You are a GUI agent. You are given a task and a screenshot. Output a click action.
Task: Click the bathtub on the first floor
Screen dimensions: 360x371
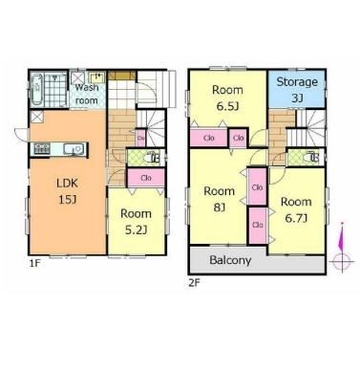click(x=37, y=90)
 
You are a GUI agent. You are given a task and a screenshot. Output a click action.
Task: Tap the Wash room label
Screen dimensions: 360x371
click(x=86, y=94)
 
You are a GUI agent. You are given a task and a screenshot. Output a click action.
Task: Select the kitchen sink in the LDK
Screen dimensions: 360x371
click(x=74, y=149)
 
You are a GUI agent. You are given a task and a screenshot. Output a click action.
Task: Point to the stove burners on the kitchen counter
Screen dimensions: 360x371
click(x=42, y=149)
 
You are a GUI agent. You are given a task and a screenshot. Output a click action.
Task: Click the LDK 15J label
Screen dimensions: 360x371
click(x=67, y=191)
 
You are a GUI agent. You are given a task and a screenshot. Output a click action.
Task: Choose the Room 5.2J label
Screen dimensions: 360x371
click(x=136, y=222)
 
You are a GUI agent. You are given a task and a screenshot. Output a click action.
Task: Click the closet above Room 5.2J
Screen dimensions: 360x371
click(x=146, y=178)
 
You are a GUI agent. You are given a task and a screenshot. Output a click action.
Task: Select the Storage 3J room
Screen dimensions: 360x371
click(x=297, y=89)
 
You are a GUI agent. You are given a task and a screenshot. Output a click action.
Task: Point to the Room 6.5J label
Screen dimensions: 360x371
click(x=227, y=98)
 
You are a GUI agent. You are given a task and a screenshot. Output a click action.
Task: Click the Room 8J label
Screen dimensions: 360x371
click(x=219, y=199)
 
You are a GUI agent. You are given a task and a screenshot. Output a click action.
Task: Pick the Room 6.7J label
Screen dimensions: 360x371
click(x=296, y=210)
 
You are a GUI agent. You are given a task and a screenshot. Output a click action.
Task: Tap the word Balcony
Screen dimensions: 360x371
click(x=230, y=260)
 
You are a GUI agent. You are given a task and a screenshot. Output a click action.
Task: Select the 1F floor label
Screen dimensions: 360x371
click(x=35, y=263)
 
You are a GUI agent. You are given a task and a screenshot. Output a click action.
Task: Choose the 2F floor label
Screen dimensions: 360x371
click(x=195, y=282)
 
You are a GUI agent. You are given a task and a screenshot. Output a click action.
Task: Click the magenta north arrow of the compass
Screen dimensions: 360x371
click(x=341, y=237)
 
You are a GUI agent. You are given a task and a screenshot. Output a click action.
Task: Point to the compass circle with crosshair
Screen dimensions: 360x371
click(x=342, y=262)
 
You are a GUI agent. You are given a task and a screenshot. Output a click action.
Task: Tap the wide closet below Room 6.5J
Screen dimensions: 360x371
click(x=209, y=138)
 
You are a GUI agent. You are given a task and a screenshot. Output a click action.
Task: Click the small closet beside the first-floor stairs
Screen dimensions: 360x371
click(x=141, y=138)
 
